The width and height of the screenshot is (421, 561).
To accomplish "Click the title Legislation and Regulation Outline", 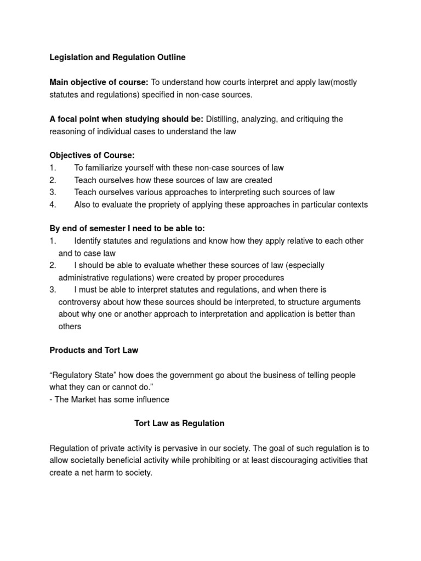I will (x=117, y=57).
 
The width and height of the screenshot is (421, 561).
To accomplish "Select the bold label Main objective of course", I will (x=99, y=82).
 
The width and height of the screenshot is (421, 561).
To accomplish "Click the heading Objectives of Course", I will (x=92, y=156).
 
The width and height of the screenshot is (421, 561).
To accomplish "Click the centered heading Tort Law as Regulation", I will (x=179, y=423).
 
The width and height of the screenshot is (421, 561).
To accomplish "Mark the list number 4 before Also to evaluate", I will (x=53, y=204).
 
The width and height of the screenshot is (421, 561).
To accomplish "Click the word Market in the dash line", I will (x=83, y=399).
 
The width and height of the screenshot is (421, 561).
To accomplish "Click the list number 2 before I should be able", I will (x=53, y=265).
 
